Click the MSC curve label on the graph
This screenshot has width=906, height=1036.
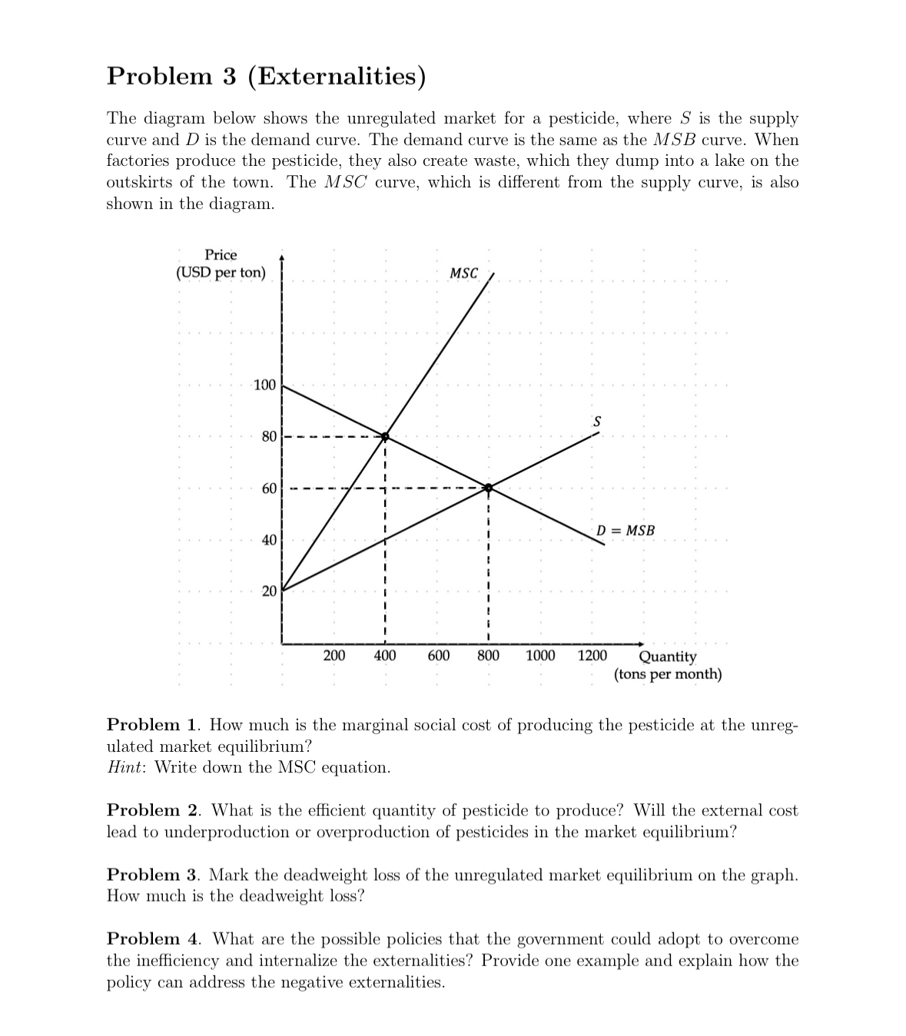[463, 273]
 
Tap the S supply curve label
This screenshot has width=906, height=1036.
[596, 422]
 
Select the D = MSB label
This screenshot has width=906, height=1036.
[626, 531]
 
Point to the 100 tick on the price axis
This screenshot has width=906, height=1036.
[264, 385]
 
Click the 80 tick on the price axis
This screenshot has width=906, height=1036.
[269, 437]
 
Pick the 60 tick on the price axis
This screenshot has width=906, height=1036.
[269, 488]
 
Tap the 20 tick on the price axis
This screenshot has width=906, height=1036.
[269, 591]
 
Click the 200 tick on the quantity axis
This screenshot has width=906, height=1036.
[334, 655]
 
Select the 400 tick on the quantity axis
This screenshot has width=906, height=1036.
[385, 655]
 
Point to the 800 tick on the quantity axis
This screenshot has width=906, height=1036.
[488, 655]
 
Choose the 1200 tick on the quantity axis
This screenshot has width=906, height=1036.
[592, 655]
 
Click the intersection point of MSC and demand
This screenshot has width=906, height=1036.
[385, 436]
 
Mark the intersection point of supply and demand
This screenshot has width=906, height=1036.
[488, 487]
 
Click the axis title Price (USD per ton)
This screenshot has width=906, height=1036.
[221, 263]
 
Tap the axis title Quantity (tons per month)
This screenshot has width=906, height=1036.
[668, 665]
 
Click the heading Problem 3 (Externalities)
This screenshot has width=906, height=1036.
[266, 76]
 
